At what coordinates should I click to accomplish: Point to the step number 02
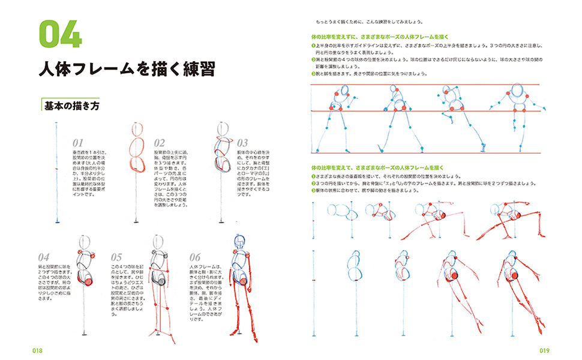159,143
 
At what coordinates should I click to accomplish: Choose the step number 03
242,143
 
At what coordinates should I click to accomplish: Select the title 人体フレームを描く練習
126,70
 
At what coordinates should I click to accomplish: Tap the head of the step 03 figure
223,128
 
